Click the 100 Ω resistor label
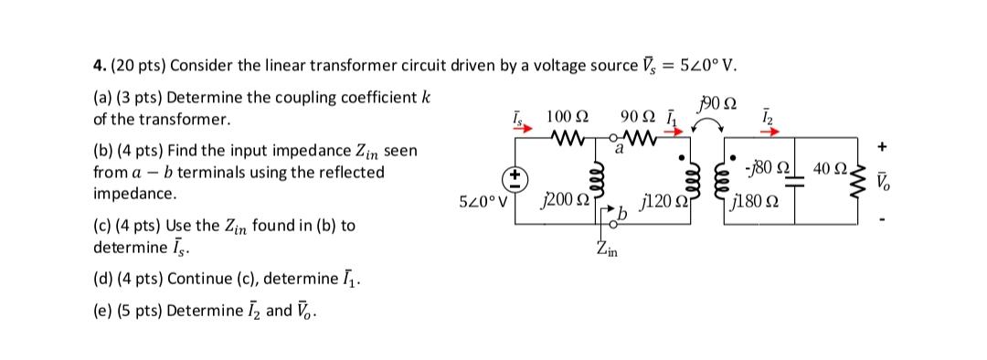tap(567, 118)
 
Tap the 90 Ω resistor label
tap(636, 118)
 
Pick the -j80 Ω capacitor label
tap(767, 167)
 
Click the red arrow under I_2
tap(764, 131)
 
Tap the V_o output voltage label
tap(884, 181)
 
